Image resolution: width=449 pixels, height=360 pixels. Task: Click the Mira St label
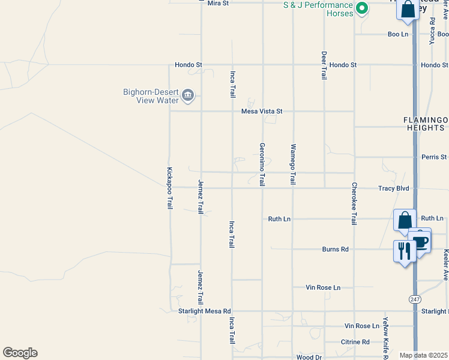(218, 3)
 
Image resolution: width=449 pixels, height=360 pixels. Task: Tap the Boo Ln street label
(397, 34)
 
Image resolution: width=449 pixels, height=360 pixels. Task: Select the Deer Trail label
(324, 65)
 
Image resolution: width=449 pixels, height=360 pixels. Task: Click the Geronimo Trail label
(262, 164)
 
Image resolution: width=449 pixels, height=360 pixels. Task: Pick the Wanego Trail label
(294, 164)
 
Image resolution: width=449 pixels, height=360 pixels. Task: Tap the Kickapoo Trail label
(170, 188)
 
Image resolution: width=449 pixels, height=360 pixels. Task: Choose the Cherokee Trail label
(354, 203)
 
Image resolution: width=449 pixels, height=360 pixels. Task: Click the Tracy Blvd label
(394, 188)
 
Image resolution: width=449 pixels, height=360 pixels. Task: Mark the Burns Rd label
(335, 249)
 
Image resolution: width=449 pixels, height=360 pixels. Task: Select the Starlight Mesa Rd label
(205, 311)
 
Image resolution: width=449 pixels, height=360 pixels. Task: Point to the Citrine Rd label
(357, 342)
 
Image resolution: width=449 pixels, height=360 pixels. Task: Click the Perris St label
(435, 157)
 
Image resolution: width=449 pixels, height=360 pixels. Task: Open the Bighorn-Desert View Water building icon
(188, 95)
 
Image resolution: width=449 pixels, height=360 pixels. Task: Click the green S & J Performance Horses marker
(361, 8)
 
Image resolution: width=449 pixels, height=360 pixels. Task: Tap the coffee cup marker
(420, 242)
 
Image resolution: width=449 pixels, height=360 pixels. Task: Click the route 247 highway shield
(415, 299)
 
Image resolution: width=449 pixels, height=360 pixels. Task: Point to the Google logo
(20, 353)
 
